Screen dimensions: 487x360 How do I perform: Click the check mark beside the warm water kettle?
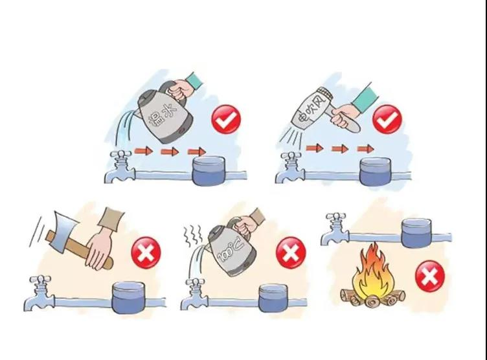coord(226,119)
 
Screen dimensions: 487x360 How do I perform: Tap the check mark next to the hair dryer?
coord(387,119)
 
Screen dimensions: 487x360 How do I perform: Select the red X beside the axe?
coord(146,253)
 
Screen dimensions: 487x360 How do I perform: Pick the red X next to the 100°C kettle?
coord(291,253)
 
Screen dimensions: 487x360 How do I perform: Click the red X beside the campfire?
coord(430,276)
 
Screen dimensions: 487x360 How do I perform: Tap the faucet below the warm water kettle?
coord(120,167)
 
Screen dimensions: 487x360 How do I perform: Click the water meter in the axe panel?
coord(128,297)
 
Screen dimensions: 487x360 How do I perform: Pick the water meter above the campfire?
coord(416,233)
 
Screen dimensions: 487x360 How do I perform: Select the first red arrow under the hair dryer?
coord(314,148)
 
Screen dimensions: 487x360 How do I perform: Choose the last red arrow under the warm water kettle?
coord(197,152)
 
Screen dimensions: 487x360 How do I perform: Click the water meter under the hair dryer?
coord(375,172)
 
